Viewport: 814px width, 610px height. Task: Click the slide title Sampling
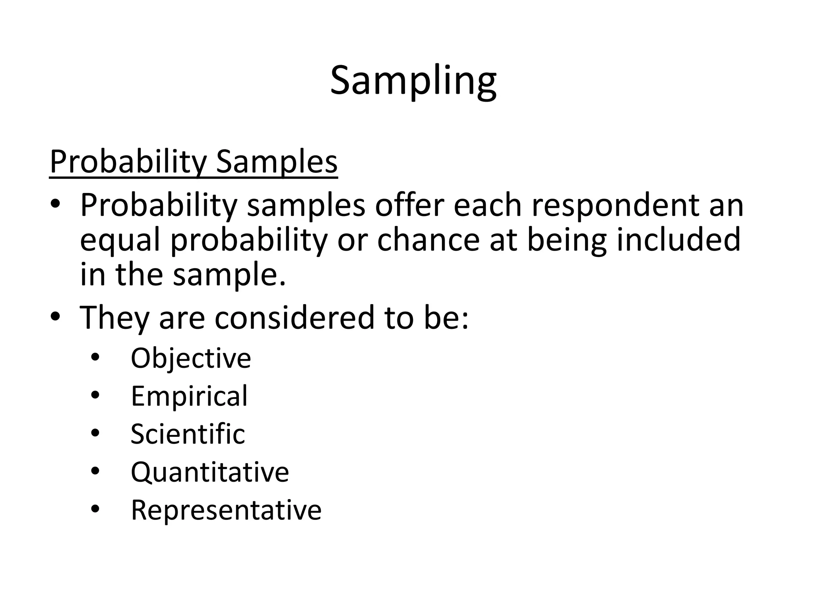[x=413, y=81]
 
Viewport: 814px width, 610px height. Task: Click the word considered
[x=295, y=317]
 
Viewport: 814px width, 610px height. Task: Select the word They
[x=114, y=317]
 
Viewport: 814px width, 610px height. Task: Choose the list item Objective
[x=191, y=358]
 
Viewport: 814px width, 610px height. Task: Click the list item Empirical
[x=189, y=396]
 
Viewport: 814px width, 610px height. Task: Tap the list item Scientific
[x=188, y=434]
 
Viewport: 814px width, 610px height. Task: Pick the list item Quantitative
[x=210, y=472]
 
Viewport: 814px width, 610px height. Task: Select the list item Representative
[x=226, y=510]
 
